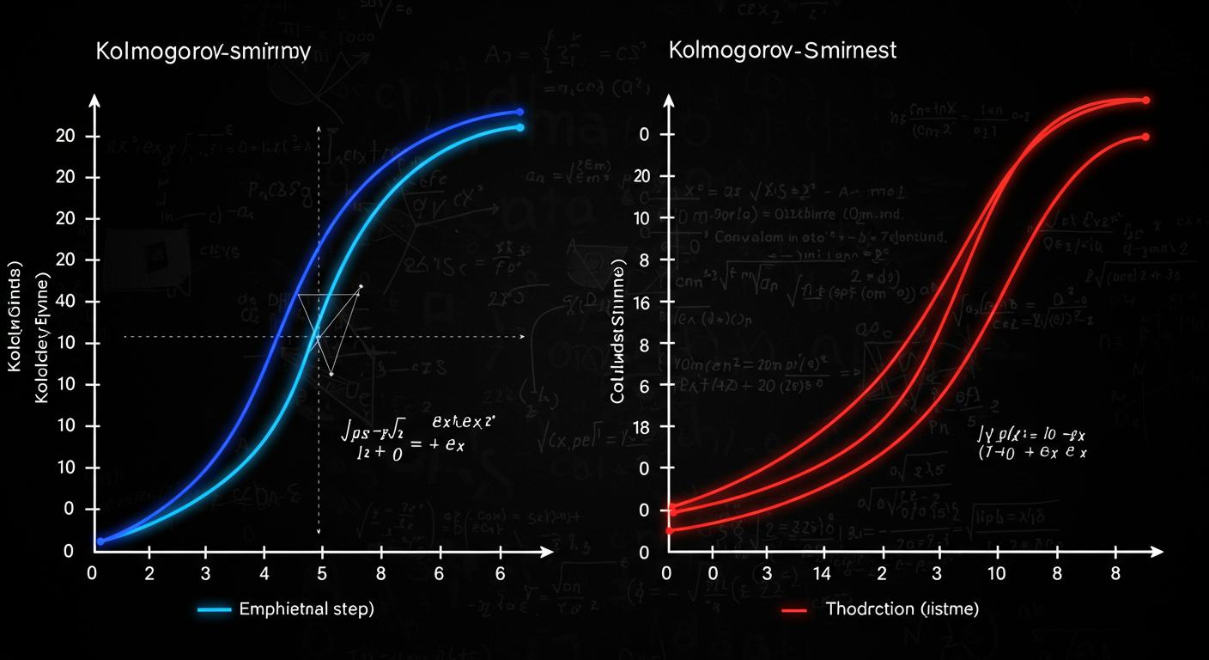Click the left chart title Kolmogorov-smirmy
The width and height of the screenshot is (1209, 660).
tap(203, 51)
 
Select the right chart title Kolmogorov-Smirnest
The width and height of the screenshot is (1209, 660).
tap(782, 50)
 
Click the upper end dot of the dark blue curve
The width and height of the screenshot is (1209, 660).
tap(519, 112)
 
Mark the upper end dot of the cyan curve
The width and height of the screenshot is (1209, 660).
tap(519, 127)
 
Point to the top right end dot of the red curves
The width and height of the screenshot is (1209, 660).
tap(1145, 101)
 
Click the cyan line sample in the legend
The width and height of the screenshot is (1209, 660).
tap(215, 609)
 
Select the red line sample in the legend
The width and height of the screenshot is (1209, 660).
tap(794, 610)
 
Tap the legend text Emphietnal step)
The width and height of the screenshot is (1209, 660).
tap(307, 609)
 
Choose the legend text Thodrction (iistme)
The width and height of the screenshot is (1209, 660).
tap(902, 609)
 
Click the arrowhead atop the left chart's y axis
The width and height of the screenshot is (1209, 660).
tap(95, 101)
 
